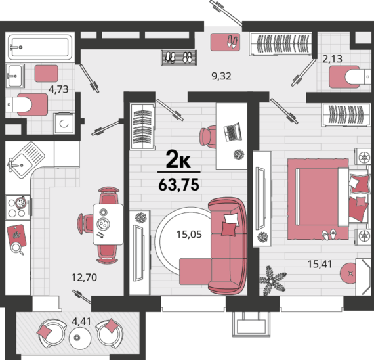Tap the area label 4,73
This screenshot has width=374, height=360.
click(x=58, y=89)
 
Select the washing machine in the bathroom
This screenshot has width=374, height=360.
click(x=64, y=124)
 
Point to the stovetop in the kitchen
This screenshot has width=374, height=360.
click(x=18, y=208)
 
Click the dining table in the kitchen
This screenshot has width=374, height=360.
click(x=108, y=224)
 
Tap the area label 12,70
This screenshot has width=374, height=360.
click(x=84, y=277)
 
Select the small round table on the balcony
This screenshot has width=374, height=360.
click(x=80, y=338)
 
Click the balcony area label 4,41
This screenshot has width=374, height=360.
click(x=81, y=321)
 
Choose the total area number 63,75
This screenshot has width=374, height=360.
click(x=179, y=185)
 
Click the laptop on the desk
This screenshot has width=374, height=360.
click(x=232, y=132)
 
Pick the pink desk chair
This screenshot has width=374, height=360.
click(x=207, y=135)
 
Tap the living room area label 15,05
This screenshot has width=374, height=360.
click(x=189, y=235)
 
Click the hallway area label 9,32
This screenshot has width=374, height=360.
click(x=221, y=76)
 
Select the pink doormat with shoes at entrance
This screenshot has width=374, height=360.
click(x=225, y=42)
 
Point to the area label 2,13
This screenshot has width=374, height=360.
click(x=332, y=58)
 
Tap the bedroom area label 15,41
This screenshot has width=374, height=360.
click(x=320, y=264)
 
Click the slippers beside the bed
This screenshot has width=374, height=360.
click(x=329, y=234)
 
